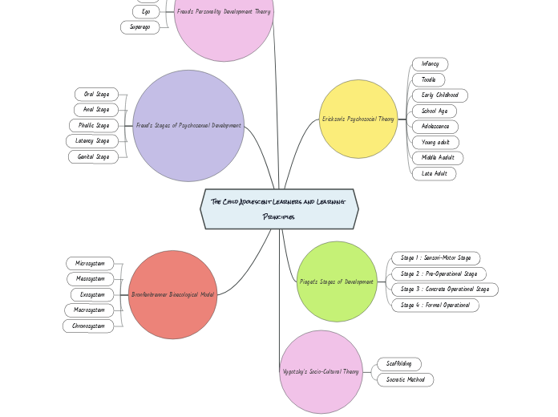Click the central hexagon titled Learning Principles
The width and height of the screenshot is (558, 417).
(x=279, y=208)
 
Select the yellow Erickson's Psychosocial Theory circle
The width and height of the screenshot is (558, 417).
(x=358, y=119)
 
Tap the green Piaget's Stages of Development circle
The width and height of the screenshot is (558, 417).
(x=337, y=281)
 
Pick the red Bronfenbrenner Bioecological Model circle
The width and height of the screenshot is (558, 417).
(x=172, y=294)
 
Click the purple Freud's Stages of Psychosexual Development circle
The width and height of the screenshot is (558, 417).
(x=188, y=125)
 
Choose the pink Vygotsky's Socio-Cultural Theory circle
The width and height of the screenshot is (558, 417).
(x=321, y=372)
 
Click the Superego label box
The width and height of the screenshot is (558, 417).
(x=140, y=27)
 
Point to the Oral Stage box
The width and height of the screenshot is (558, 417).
(x=96, y=95)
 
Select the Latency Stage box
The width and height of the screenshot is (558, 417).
(x=92, y=141)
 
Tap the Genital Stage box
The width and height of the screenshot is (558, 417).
(x=93, y=157)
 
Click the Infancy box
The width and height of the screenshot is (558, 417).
(x=431, y=64)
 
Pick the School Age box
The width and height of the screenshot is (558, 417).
(x=435, y=111)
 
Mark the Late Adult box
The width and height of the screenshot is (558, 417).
(x=435, y=173)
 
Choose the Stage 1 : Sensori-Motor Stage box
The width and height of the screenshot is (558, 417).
(x=436, y=258)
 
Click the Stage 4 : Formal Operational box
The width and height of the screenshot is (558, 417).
(x=435, y=306)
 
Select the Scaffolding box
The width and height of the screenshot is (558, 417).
(x=398, y=364)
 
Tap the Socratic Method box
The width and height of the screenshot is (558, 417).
(x=406, y=380)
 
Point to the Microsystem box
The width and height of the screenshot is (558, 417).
(x=90, y=264)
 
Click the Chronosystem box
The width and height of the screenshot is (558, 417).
(x=88, y=326)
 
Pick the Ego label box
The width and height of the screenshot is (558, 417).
(x=146, y=12)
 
